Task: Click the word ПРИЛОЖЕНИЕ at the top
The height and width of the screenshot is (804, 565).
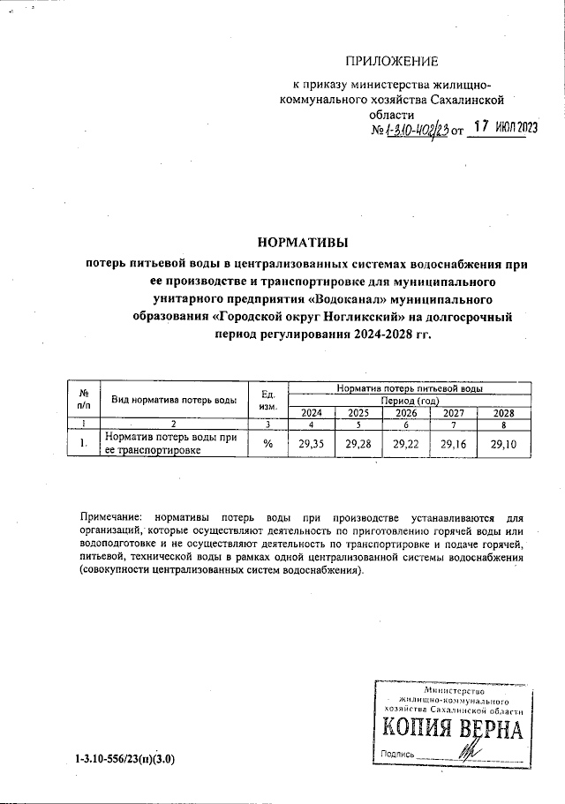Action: [x=391, y=61]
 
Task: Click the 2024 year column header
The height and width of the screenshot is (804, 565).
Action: [x=312, y=412]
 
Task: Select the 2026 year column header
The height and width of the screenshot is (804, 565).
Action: [x=406, y=412]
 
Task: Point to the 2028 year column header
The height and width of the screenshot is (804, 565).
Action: [x=503, y=412]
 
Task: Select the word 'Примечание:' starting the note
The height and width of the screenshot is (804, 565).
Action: [x=110, y=515]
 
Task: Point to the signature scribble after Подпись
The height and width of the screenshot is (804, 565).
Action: [x=464, y=752]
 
